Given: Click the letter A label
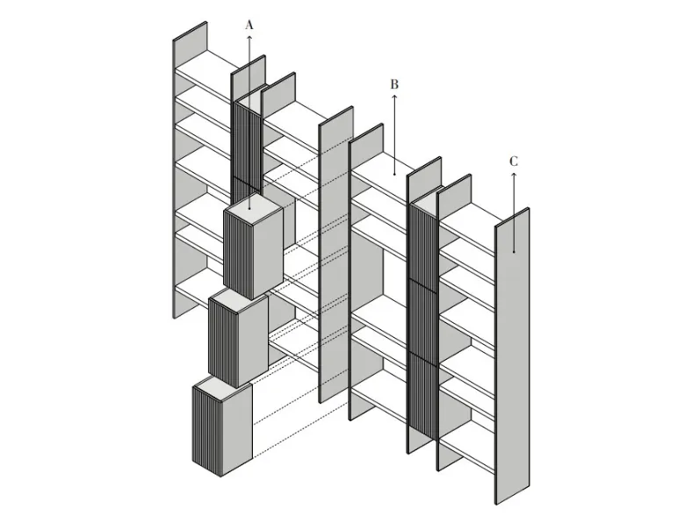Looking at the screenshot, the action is [249, 25].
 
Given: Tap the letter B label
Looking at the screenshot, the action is [394, 84].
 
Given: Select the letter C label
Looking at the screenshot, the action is [514, 162].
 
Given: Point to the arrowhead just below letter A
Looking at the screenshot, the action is [249, 37].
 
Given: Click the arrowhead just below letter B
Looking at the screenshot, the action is [394, 97].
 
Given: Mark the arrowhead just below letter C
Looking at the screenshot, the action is [514, 174].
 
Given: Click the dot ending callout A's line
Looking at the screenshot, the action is [249, 209].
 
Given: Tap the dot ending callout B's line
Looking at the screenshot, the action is [394, 174].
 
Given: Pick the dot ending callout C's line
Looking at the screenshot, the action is [514, 252].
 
